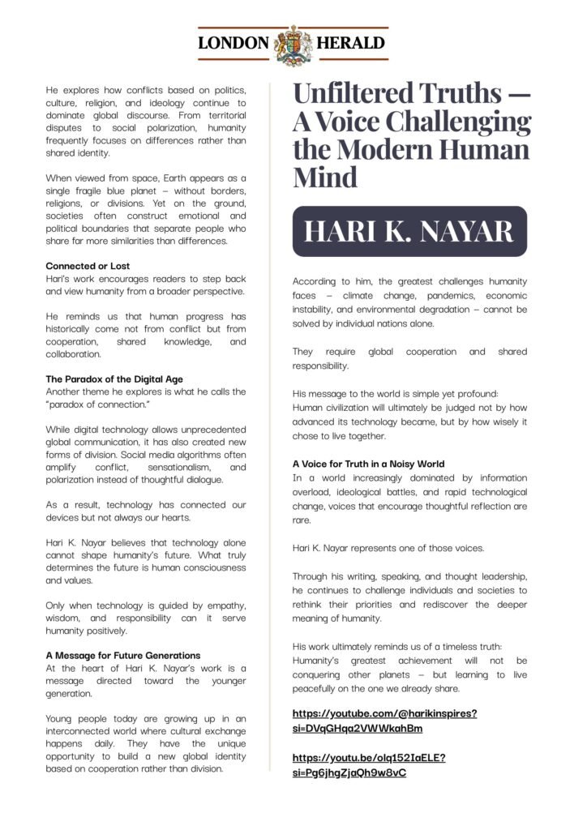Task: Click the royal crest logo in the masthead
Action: [x=293, y=44]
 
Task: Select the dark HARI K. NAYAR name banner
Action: [x=409, y=231]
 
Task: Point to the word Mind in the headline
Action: [x=324, y=177]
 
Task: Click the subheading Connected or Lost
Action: [x=88, y=267]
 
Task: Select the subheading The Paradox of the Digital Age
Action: [x=114, y=379]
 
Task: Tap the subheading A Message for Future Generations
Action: [x=122, y=655]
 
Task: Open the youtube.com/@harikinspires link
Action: [x=384, y=721]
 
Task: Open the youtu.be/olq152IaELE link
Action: [x=369, y=765]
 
